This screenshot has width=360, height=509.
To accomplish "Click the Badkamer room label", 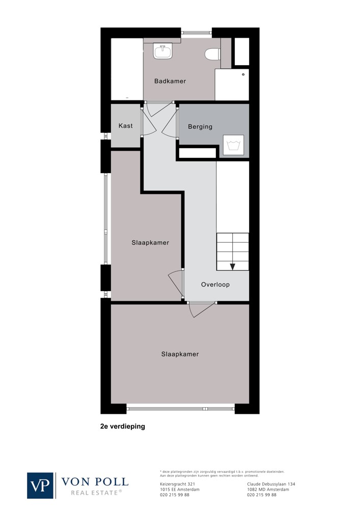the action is pyautogui.click(x=170, y=81).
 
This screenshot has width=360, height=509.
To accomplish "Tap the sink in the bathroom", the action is pyautogui.click(x=163, y=52).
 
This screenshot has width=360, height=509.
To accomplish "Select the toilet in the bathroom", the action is pyautogui.click(x=213, y=54).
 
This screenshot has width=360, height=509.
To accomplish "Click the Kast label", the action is pyautogui.click(x=126, y=126).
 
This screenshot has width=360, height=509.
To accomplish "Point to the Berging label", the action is pyautogui.click(x=200, y=127).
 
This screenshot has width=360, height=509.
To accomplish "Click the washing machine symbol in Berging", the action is pyautogui.click(x=233, y=145).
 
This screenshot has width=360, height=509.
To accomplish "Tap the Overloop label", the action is pyautogui.click(x=215, y=285).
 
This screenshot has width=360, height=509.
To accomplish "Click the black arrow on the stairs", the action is pyautogui.click(x=232, y=267).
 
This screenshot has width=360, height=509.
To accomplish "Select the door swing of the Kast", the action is pyautogui.click(x=149, y=122).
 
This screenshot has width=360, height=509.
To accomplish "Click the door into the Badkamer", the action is pyautogui.click(x=159, y=109).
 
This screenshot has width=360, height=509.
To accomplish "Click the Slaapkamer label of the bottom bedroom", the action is pyautogui.click(x=180, y=354).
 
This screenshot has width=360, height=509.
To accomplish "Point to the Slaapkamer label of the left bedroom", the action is pyautogui.click(x=150, y=242).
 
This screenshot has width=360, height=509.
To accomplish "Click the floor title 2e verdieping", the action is pyautogui.click(x=123, y=426).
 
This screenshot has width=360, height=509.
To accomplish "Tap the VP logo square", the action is pyautogui.click(x=40, y=486).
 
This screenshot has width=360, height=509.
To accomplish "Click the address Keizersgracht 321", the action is pyautogui.click(x=178, y=484).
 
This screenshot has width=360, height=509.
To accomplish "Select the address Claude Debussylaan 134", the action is pyautogui.click(x=271, y=484).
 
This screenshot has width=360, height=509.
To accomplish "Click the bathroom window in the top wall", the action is pyautogui.click(x=197, y=33).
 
